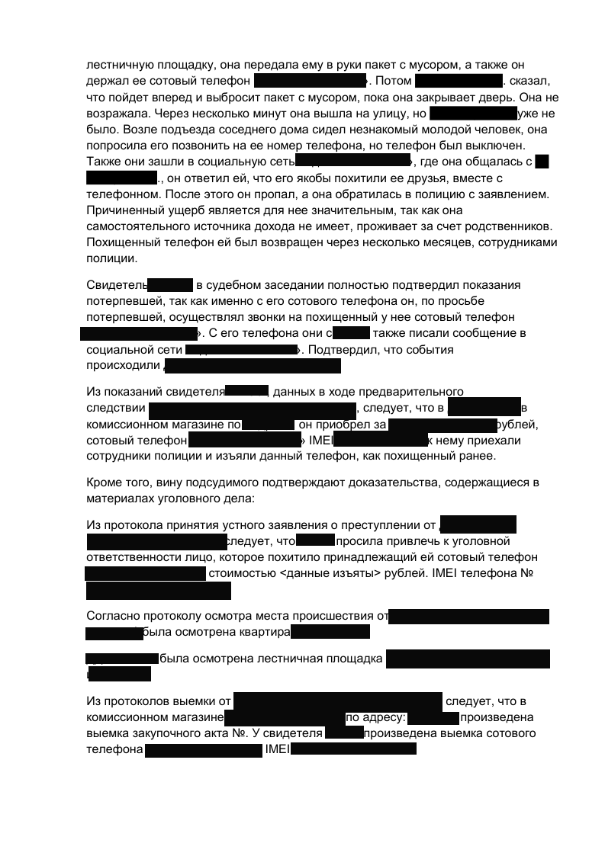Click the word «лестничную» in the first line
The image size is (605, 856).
pos(115,65)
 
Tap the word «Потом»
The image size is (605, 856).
pos(393,81)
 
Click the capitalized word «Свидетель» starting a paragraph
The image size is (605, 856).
pos(116,285)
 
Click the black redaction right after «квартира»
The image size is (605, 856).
pos(330,632)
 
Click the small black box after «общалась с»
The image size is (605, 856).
pos(542,161)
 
